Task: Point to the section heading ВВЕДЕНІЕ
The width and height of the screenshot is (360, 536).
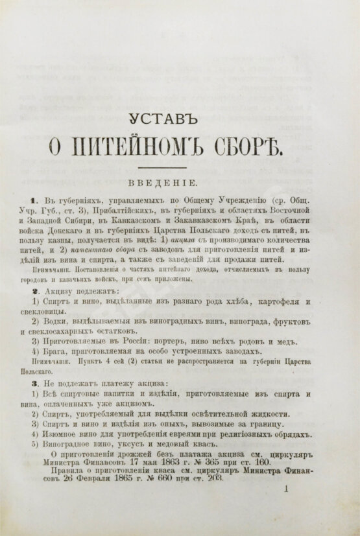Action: [176, 183]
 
